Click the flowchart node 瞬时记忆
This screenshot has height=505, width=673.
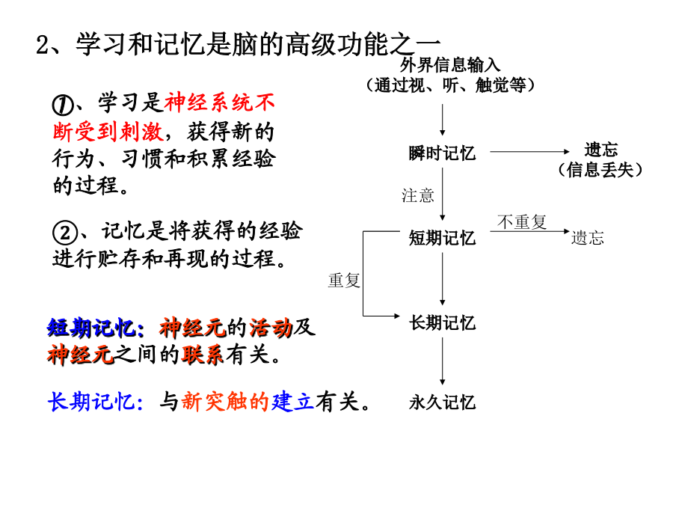coord(442,153)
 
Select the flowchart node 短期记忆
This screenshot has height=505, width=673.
coord(442,238)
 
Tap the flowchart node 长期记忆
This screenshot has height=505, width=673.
coord(442,322)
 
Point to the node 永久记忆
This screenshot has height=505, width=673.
coord(442,403)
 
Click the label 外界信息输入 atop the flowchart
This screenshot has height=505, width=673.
coord(450,65)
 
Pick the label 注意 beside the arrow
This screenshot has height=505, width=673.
coord(417,196)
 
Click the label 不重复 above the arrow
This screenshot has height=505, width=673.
coord(522,222)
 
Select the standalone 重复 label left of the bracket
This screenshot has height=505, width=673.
coord(344,281)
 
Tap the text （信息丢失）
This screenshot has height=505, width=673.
coord(600,170)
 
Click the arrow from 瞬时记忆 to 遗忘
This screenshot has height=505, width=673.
coord(529,152)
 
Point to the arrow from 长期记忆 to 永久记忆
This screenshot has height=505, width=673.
coord(443,361)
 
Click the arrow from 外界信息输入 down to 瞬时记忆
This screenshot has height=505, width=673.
coord(443,120)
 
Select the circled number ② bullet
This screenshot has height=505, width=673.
coord(65,233)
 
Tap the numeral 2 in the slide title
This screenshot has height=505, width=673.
coord(43,45)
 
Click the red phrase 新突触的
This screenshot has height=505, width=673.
coord(225,403)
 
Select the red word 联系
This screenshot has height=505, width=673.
coord(203,355)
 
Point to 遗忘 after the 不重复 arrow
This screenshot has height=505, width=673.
coord(588,238)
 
